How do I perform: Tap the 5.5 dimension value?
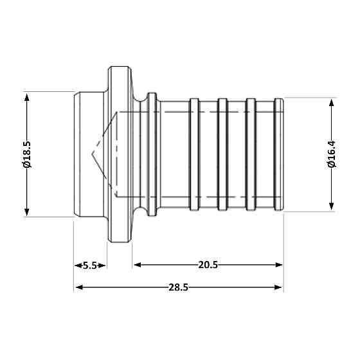(x=91, y=265)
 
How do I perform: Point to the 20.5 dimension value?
(x=207, y=265)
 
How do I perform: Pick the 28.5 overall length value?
(x=178, y=287)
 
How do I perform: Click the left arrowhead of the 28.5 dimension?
(x=78, y=287)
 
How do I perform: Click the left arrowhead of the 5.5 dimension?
(x=77, y=265)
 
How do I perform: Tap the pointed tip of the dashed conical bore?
(x=92, y=154)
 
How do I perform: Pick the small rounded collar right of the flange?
(x=152, y=154)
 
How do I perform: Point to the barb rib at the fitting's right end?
(x=278, y=154)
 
